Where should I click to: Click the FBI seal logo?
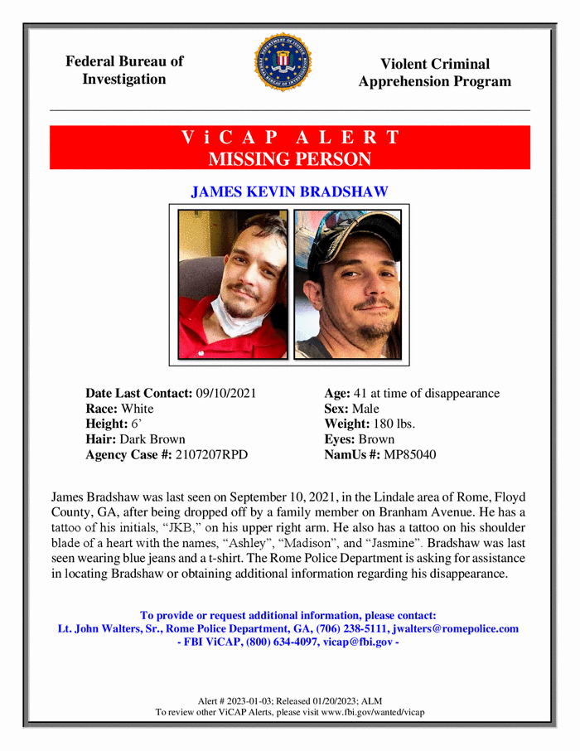(x=282, y=62)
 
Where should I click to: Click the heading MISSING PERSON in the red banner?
(x=289, y=158)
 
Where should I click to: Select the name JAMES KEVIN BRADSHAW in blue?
(x=289, y=192)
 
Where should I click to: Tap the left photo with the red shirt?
(x=233, y=283)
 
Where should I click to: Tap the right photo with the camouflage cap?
(x=347, y=283)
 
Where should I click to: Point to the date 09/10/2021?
(x=225, y=394)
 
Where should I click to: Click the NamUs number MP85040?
(x=404, y=454)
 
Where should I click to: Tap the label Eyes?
(x=341, y=439)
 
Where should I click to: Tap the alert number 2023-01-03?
(x=252, y=701)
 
